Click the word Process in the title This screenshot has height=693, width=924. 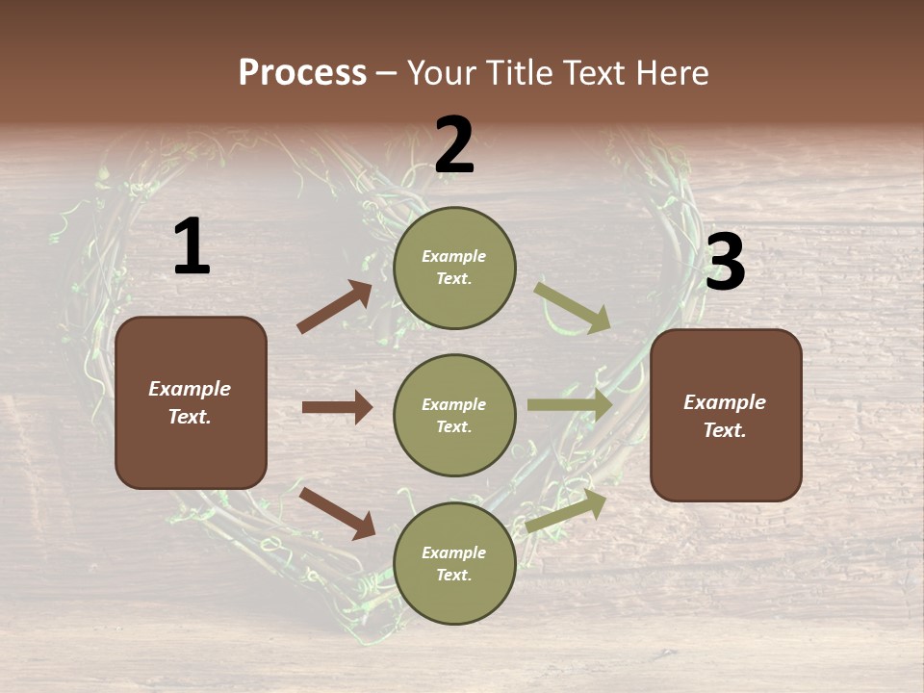coord(302,73)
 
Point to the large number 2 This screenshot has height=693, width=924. coord(454,145)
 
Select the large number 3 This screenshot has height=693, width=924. coord(725,263)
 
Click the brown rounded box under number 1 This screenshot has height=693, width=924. coord(191,402)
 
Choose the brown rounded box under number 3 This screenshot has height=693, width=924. coord(726,416)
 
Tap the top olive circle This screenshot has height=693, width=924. coord(454,268)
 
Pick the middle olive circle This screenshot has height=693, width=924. coord(454,416)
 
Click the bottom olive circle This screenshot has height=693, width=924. coord(454,564)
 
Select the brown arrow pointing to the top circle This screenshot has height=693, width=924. coord(335,307)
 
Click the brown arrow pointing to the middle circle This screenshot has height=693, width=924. coord(337,407)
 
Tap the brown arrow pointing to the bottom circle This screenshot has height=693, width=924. coord(337,514)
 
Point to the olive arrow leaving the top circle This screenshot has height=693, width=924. coord(573,307)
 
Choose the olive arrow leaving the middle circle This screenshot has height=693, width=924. coord(570,405)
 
